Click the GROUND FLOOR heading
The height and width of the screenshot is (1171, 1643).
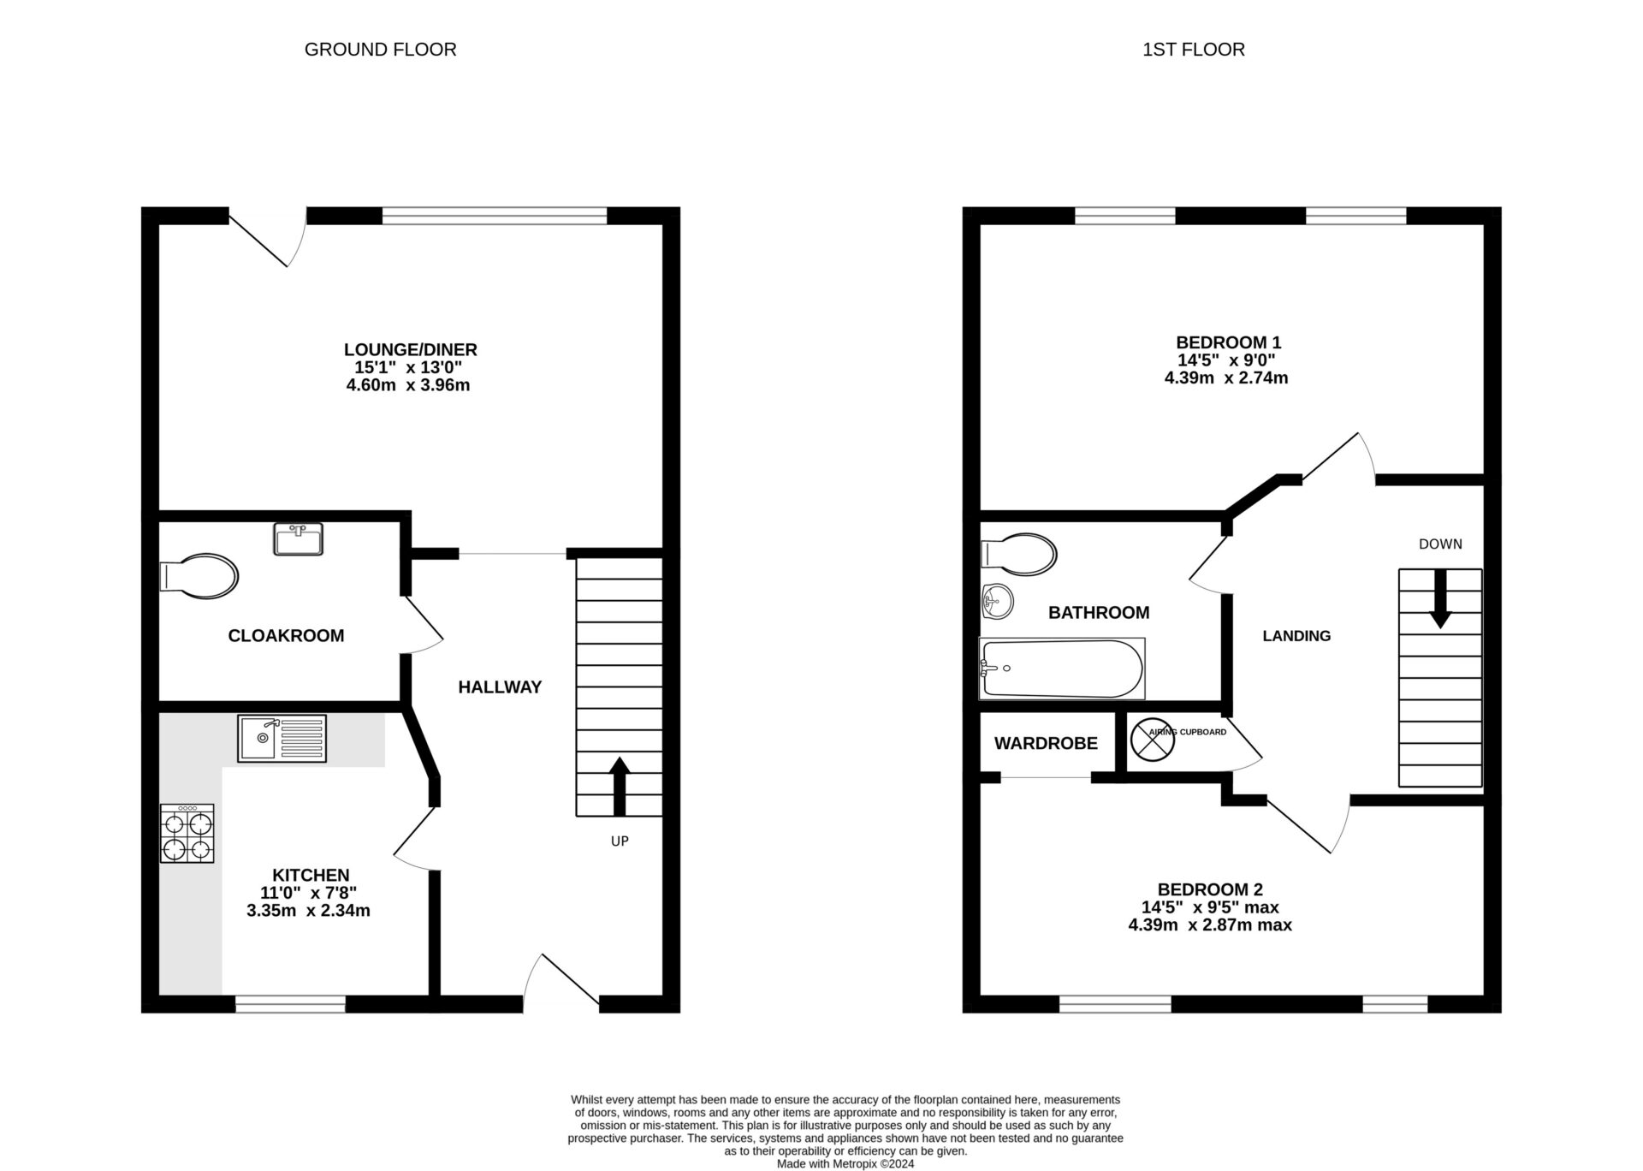pyautogui.click(x=380, y=50)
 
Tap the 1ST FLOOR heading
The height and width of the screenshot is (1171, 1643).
pyautogui.click(x=1193, y=50)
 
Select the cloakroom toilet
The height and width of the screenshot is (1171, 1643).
pyautogui.click(x=200, y=576)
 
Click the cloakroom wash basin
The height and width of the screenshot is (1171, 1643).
pyautogui.click(x=299, y=539)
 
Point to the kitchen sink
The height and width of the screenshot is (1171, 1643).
pyautogui.click(x=282, y=738)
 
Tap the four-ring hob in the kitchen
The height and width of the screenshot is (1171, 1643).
pyautogui.click(x=187, y=833)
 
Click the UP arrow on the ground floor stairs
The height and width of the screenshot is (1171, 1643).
pyautogui.click(x=619, y=785)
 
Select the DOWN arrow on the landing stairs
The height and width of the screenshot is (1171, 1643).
pyautogui.click(x=1440, y=597)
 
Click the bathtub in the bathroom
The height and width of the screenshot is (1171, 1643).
pyautogui.click(x=1061, y=669)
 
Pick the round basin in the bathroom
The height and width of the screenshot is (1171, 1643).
pyautogui.click(x=997, y=602)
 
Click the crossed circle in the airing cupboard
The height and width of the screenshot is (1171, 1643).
pyautogui.click(x=1153, y=740)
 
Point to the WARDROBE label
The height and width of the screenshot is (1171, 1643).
pyautogui.click(x=1046, y=743)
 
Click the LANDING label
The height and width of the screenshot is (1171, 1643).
pyautogui.click(x=1296, y=636)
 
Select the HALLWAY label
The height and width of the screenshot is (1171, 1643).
pyautogui.click(x=500, y=687)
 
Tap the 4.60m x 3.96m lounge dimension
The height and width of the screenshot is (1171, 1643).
pyautogui.click(x=408, y=385)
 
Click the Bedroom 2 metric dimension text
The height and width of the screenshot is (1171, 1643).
pyautogui.click(x=1210, y=924)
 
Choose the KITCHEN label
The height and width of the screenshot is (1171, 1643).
pyautogui.click(x=311, y=875)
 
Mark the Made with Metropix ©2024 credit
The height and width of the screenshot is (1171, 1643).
pyautogui.click(x=845, y=1163)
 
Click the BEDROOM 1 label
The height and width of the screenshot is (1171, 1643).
pyautogui.click(x=1228, y=342)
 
